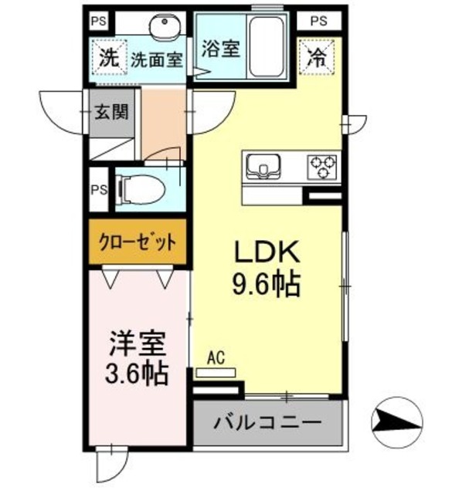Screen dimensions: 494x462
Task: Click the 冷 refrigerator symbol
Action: coord(316,56)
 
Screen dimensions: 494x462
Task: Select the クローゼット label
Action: coord(138,242)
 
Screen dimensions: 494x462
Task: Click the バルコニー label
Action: coord(267,423)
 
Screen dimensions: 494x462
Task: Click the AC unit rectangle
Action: coord(216,372)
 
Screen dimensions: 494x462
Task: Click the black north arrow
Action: coord(397,421)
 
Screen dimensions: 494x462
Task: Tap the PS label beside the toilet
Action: coord(99,189)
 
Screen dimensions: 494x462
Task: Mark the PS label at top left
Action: coord(97,21)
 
